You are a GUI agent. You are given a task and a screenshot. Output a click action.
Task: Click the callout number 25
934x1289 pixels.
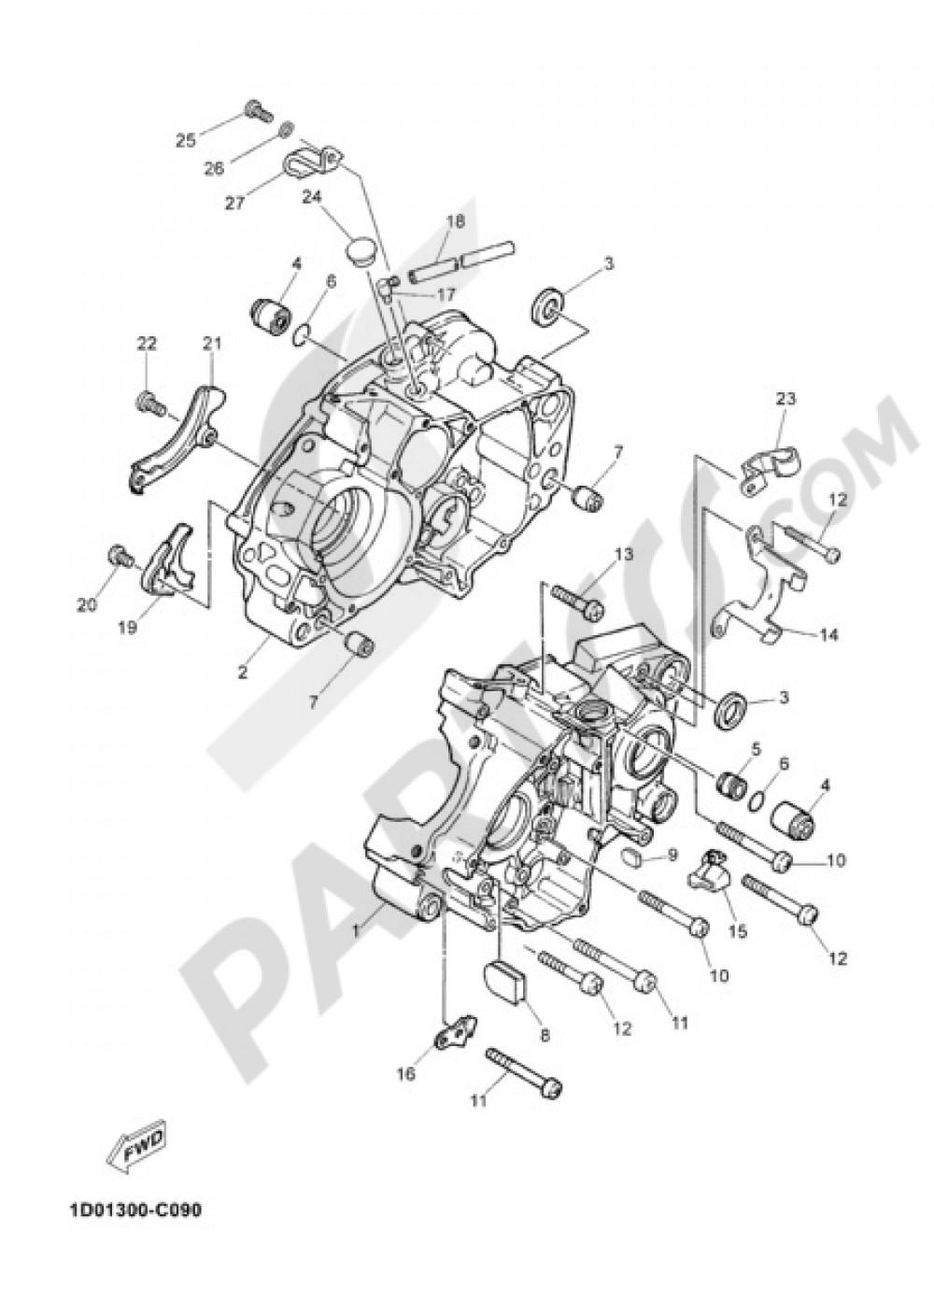click(x=186, y=140)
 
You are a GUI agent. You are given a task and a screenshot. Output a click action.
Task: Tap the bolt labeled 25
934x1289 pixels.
click(x=256, y=111)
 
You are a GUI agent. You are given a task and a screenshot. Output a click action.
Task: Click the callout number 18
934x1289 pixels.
click(x=455, y=222)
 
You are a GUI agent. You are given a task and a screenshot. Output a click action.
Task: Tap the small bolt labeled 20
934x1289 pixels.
click(x=119, y=554)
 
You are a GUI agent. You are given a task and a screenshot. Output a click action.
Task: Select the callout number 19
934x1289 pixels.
click(x=128, y=628)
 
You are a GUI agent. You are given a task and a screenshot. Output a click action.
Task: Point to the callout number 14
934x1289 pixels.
click(x=828, y=635)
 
